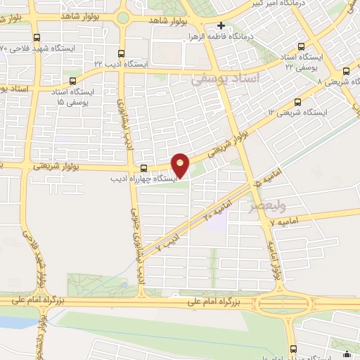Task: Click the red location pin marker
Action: point(181,165)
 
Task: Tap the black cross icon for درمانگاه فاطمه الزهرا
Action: point(221,26)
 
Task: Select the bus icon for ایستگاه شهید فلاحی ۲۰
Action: point(37,39)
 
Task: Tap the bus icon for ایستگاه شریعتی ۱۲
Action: point(298,101)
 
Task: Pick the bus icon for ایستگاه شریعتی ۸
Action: point(346,71)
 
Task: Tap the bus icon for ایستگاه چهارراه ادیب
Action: point(143,168)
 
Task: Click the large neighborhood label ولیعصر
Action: point(264,207)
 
